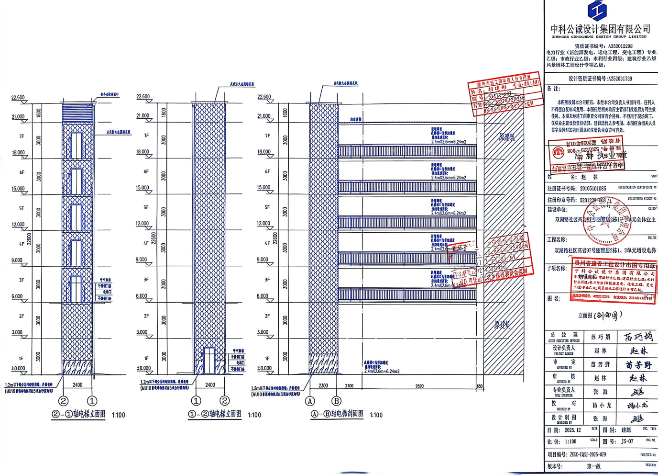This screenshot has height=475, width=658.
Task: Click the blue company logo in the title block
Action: [597, 11]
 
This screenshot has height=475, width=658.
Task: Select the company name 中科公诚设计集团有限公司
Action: [600, 29]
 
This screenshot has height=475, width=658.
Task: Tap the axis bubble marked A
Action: [310, 401]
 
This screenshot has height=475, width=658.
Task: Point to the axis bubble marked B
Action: [336, 401]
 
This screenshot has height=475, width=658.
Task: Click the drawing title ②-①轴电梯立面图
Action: [79, 414]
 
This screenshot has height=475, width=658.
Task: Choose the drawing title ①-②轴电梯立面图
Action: [215, 414]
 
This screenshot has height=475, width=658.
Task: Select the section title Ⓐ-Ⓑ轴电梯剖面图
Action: [337, 414]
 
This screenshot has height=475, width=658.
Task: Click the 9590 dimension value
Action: [419, 386]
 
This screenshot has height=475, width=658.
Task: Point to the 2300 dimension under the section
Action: [323, 385]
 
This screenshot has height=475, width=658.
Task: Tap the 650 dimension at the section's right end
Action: [480, 386]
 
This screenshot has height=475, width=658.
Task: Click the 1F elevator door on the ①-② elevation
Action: [209, 360]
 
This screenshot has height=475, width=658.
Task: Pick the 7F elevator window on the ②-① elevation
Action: [76, 145]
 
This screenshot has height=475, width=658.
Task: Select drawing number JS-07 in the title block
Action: [627, 441]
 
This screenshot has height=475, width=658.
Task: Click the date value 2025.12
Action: [572, 430]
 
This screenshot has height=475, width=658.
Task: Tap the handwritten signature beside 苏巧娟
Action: [638, 337]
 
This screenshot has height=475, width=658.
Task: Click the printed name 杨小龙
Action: [602, 405]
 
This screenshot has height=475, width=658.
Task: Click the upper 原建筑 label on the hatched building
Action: [507, 137]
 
